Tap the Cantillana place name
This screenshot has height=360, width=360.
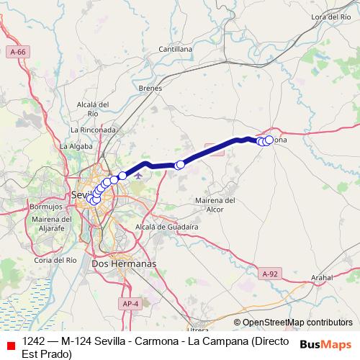[x=176, y=49]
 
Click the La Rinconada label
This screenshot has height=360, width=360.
[x=94, y=130]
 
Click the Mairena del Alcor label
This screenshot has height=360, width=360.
[x=216, y=204]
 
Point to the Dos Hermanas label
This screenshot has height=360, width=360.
[x=124, y=264]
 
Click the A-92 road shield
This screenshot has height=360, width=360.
[x=269, y=274]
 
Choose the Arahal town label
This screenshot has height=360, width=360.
[x=321, y=276]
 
